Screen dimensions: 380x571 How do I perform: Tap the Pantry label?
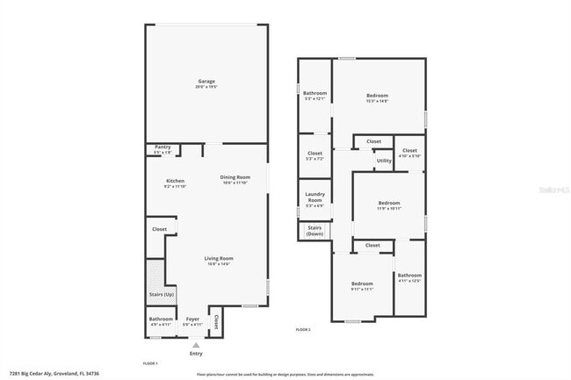[x=163, y=147]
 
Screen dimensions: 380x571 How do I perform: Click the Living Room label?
[x=219, y=260]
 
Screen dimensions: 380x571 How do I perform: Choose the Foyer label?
[x=192, y=319]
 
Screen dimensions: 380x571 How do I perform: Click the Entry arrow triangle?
[x=195, y=345]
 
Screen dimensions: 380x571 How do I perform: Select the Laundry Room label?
[x=314, y=198]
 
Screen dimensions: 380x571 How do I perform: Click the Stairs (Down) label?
[x=314, y=232]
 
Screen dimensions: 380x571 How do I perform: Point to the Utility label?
[x=384, y=161]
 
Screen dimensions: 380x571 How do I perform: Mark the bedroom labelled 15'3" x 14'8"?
[x=377, y=97]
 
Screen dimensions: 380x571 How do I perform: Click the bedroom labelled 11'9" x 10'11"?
[x=388, y=204]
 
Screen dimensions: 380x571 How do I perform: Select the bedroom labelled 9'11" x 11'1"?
[x=362, y=285]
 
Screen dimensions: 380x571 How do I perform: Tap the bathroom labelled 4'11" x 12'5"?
[x=409, y=278]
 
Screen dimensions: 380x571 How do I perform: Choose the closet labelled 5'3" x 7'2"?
[x=314, y=155]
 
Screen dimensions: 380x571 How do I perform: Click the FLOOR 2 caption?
[x=303, y=328]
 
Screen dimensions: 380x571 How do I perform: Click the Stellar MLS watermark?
[x=552, y=189]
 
